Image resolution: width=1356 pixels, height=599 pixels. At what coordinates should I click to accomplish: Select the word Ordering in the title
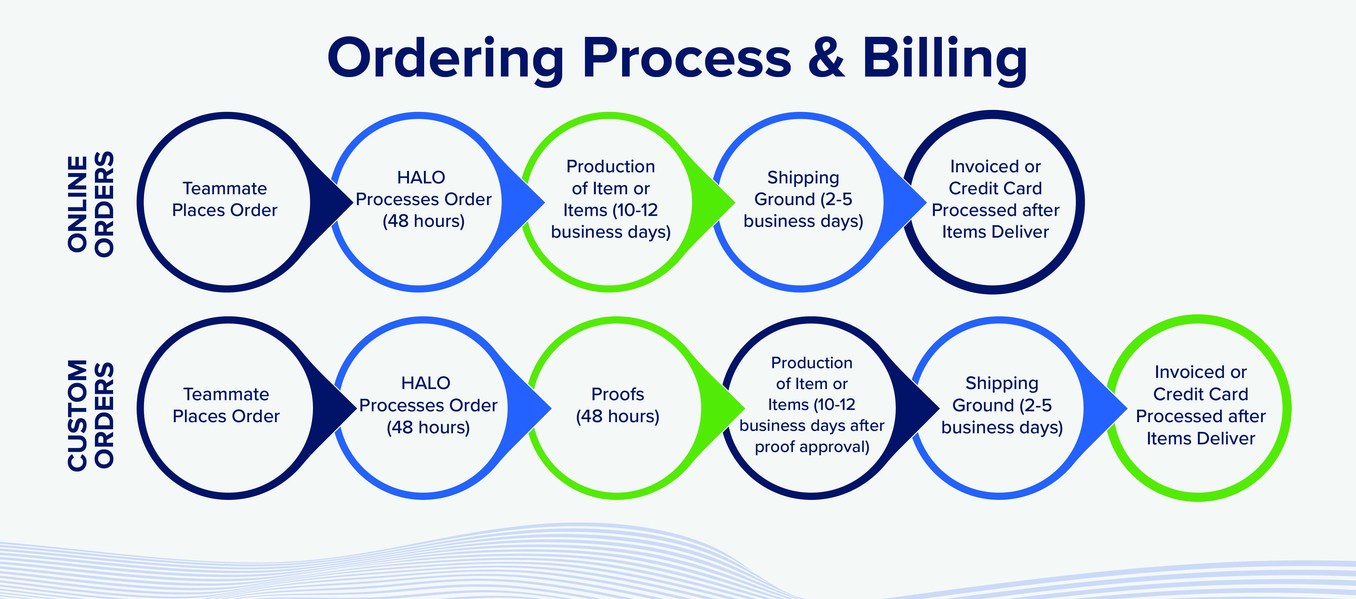[445, 59]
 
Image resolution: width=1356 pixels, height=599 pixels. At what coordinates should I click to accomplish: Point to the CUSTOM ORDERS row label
[91, 415]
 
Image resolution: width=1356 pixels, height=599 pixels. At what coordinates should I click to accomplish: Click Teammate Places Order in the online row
[225, 199]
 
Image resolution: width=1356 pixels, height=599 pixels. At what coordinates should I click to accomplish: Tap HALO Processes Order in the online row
[423, 199]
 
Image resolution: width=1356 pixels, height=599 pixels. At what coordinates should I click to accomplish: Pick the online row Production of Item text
[611, 199]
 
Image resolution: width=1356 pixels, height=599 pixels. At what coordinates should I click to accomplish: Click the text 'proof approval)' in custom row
[812, 447]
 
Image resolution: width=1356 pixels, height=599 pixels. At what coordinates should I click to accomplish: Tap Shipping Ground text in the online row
[803, 199]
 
